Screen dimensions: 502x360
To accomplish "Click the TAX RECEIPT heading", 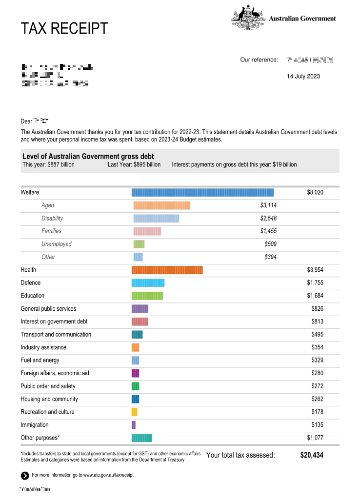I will tap(64, 29).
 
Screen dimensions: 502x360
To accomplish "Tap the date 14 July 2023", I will tap(303, 77).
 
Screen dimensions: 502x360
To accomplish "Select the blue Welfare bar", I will tap(202, 193).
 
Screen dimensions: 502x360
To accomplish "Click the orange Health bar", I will tap(167, 270).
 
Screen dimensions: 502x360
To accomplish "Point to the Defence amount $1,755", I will tap(315, 283).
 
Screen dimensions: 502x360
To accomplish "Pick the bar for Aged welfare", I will tap(161, 205).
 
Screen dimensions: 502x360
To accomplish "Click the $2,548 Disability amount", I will tap(268, 218).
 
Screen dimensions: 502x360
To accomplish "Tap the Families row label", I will tap(51, 231).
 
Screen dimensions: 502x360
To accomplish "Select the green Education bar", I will tap(147, 296).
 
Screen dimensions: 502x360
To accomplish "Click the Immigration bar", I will tap(134, 425).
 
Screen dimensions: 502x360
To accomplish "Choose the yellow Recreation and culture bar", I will tap(135, 412).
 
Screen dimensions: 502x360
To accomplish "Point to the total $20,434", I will tap(312, 455).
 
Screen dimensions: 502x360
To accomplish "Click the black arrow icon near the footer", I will tap(25, 476).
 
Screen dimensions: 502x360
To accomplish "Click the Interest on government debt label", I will tap(54, 321).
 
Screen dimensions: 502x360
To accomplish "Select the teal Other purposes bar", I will tap(142, 438).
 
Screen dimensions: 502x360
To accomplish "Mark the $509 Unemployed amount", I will tap(270, 244).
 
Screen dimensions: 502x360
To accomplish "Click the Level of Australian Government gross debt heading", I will tap(88, 157).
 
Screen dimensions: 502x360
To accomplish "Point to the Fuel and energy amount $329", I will tap(317, 361).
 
